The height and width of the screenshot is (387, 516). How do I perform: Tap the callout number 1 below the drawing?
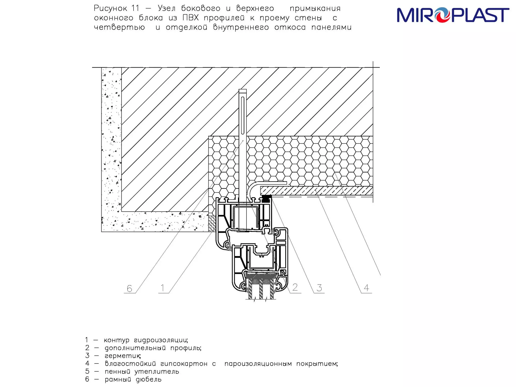163,288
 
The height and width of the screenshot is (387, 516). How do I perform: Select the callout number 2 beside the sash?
295,287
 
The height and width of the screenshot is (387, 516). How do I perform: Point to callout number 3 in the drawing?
319,287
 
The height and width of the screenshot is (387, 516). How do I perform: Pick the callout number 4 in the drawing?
367,287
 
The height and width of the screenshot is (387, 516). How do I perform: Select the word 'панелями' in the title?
331,27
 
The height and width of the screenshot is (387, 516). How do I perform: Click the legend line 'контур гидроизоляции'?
146,340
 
